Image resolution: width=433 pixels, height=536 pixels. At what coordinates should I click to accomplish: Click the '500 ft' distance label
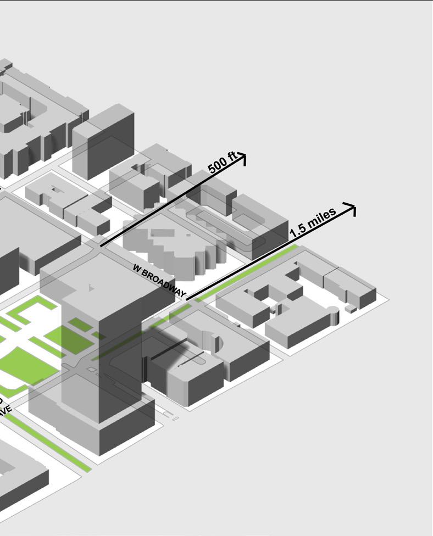click(x=222, y=163)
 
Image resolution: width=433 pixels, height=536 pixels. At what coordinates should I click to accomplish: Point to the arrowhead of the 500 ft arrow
click(x=242, y=158)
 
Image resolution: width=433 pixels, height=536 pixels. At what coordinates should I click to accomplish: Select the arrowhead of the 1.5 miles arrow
click(x=352, y=208)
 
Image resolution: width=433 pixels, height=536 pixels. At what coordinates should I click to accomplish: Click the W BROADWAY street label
click(x=159, y=281)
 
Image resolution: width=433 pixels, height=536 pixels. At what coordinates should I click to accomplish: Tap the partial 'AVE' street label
click(x=5, y=410)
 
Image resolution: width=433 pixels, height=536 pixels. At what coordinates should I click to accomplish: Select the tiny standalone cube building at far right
click(x=351, y=309)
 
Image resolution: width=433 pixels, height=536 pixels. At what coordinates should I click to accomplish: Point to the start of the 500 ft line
click(x=101, y=245)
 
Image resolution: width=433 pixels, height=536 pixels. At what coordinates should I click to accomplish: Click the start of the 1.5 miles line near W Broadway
click(x=188, y=299)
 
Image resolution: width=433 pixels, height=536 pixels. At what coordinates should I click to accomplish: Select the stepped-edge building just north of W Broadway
click(x=170, y=247)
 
